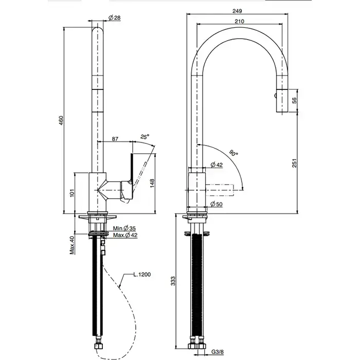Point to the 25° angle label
click(145, 137)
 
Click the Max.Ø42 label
click(125, 236)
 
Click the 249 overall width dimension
click(237, 10)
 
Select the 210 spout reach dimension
click(239, 22)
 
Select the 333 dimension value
click(174, 280)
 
